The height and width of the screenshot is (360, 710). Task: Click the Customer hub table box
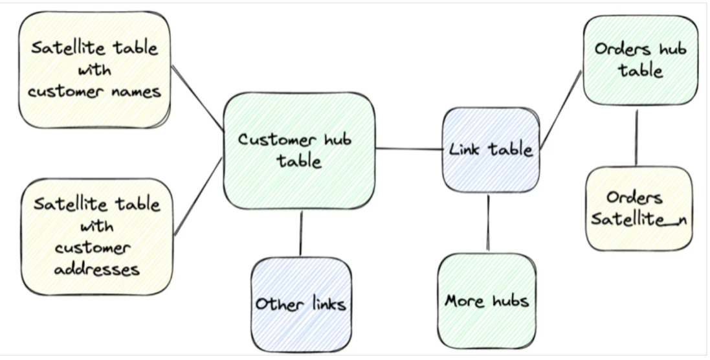coord(299,150)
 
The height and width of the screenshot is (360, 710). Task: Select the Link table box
coord(491,150)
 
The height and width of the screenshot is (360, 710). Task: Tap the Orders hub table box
coord(640,60)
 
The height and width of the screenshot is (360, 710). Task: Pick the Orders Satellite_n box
coord(638,208)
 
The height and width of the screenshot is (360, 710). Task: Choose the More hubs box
coord(487,300)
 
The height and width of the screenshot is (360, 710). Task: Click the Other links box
coord(300,304)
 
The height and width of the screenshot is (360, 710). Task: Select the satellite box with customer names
coord(95,70)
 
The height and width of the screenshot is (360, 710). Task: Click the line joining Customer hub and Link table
coord(408,149)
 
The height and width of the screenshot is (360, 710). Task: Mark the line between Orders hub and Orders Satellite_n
coord(636,137)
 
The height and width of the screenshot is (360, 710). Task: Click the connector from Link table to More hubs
coord(488,222)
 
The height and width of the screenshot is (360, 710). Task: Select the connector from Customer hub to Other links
coord(301,232)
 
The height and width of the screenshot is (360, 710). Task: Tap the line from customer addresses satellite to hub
coord(198,196)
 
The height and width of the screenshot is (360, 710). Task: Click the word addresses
coord(96,267)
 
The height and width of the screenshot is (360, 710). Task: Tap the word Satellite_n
coord(638,219)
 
